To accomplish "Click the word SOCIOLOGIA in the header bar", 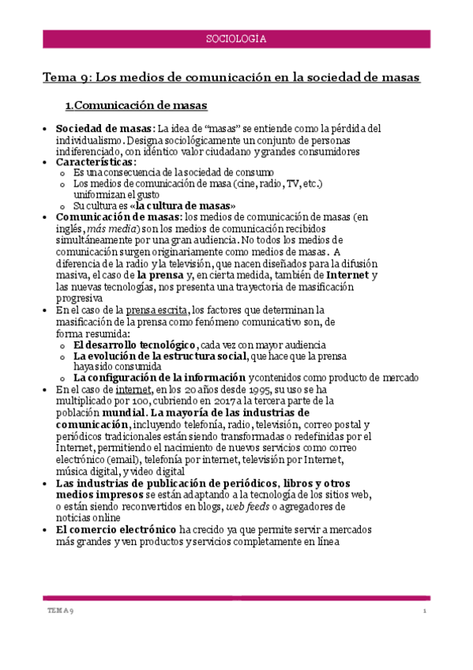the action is (236, 38).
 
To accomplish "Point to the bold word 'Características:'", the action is (96, 161).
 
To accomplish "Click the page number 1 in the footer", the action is (424, 612).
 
